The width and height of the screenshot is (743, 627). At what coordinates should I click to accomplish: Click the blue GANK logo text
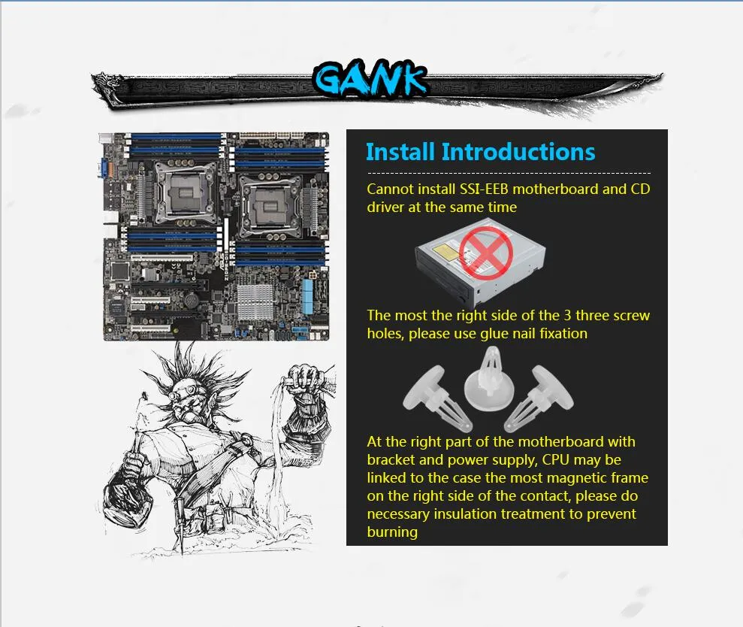point(370,79)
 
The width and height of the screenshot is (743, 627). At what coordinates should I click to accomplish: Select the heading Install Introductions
point(481,153)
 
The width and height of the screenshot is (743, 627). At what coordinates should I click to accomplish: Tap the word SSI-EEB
point(485,189)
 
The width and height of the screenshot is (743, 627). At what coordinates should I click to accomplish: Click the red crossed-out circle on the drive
point(486,253)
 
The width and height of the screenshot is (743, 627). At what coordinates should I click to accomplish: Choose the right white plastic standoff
point(539,398)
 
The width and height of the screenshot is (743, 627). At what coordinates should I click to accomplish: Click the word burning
point(392,532)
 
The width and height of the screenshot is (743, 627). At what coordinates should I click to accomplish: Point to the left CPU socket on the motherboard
point(184,194)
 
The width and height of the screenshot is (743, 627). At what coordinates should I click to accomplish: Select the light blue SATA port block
point(307,296)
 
